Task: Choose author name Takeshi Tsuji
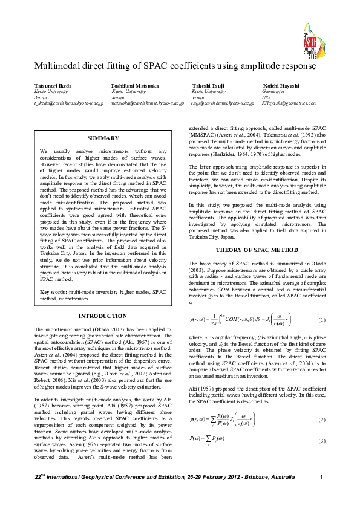[x=207, y=86]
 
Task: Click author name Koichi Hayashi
[x=281, y=86]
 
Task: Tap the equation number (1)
[x=321, y=319]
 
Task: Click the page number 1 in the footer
[x=321, y=496]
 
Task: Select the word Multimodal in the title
[x=57, y=65]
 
